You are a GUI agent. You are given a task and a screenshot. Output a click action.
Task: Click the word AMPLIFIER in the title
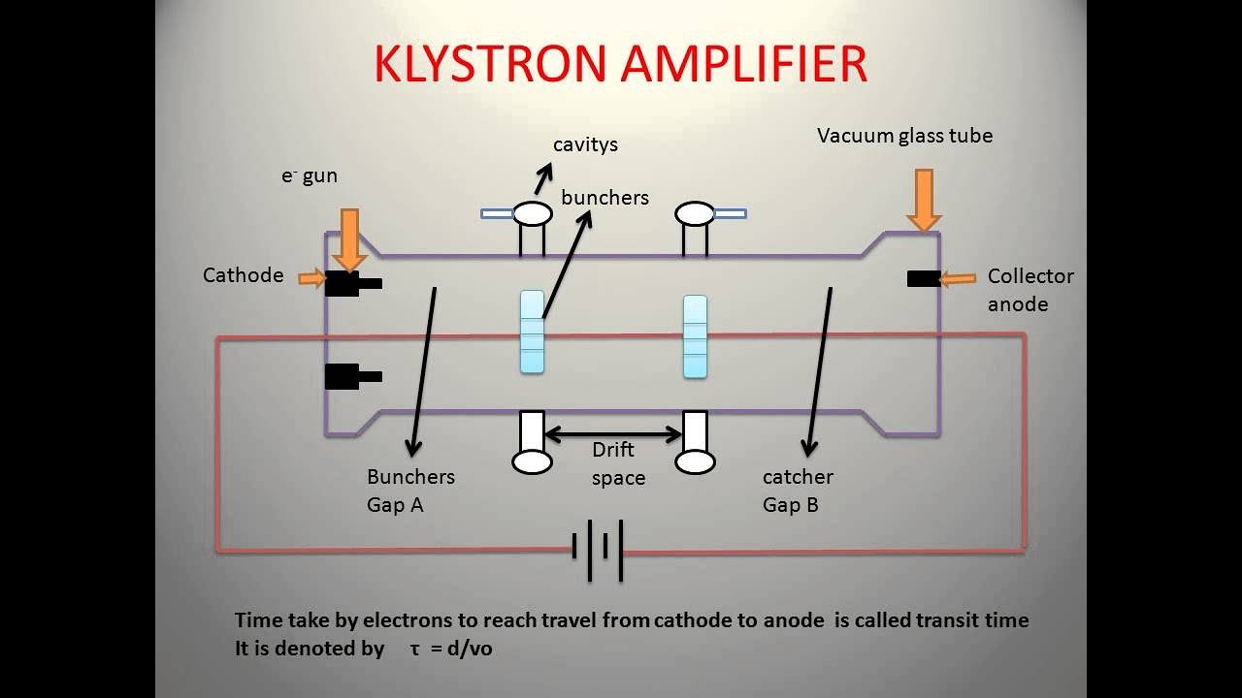pyautogui.click(x=744, y=64)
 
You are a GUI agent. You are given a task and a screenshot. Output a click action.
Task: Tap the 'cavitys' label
pyautogui.click(x=585, y=144)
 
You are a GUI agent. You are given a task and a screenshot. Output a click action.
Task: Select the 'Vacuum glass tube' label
pyautogui.click(x=904, y=136)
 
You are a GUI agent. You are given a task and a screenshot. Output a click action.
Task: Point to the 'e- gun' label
pyautogui.click(x=309, y=175)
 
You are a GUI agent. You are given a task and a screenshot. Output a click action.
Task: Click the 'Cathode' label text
pyautogui.click(x=243, y=275)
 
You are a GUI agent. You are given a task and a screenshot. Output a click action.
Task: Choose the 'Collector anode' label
pyautogui.click(x=1030, y=290)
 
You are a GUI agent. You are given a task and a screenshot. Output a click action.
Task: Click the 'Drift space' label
pyautogui.click(x=617, y=463)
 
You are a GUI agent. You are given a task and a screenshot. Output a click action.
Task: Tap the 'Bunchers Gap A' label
pyautogui.click(x=409, y=491)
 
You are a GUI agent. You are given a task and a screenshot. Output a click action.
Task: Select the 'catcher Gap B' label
pyautogui.click(x=797, y=491)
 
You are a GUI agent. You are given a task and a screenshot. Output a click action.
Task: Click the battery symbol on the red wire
pyautogui.click(x=597, y=550)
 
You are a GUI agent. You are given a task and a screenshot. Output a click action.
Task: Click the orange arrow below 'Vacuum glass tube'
pyautogui.click(x=923, y=200)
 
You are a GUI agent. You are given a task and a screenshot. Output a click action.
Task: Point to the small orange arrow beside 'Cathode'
pyautogui.click(x=311, y=279)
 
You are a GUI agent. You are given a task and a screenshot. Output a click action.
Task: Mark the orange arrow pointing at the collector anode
pyautogui.click(x=958, y=279)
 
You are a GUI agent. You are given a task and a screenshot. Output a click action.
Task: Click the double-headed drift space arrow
pyautogui.click(x=613, y=435)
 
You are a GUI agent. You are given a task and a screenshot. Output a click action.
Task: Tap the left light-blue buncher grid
pyautogui.click(x=532, y=332)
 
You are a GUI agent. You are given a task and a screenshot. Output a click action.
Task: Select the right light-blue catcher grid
pyautogui.click(x=695, y=336)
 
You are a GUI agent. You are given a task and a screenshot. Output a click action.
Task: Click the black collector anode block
pyautogui.click(x=924, y=279)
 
